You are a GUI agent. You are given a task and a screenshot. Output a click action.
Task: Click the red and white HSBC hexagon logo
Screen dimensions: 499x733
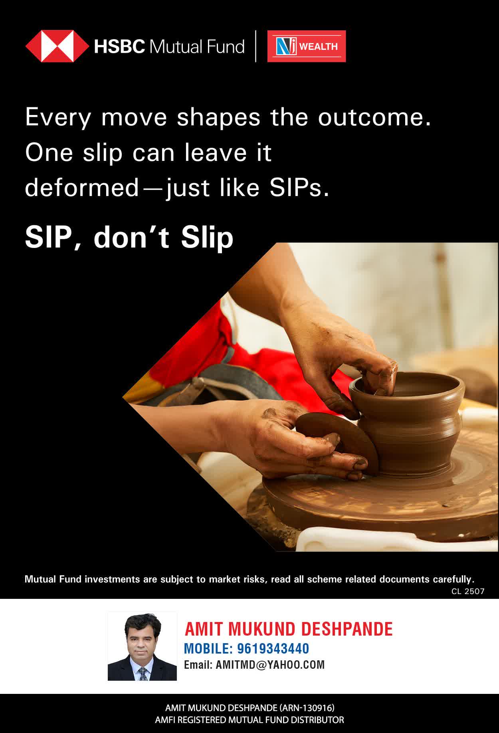(57, 46)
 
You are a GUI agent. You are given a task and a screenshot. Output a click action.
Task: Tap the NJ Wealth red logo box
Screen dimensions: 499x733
(307, 46)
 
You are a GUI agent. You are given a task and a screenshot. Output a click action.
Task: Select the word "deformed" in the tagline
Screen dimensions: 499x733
(82, 188)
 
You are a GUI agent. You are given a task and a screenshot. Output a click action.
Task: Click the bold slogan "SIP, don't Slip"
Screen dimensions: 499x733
(129, 238)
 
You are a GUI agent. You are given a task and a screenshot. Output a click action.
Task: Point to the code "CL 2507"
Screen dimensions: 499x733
(468, 591)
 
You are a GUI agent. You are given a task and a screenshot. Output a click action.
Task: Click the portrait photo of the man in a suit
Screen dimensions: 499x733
(142, 646)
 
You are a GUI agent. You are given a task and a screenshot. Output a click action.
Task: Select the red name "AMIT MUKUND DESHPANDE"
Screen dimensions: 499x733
(289, 629)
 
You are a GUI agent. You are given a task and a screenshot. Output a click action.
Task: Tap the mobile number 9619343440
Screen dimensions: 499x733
(273, 649)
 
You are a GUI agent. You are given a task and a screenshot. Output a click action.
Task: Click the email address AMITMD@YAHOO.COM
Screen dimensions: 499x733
(270, 665)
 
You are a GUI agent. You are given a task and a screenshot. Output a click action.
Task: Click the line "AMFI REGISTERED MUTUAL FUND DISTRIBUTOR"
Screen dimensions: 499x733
(249, 720)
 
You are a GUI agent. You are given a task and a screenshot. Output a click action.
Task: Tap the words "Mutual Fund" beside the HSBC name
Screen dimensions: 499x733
(196, 47)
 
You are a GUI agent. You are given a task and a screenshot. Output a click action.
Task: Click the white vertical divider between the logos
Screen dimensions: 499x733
(255, 46)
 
